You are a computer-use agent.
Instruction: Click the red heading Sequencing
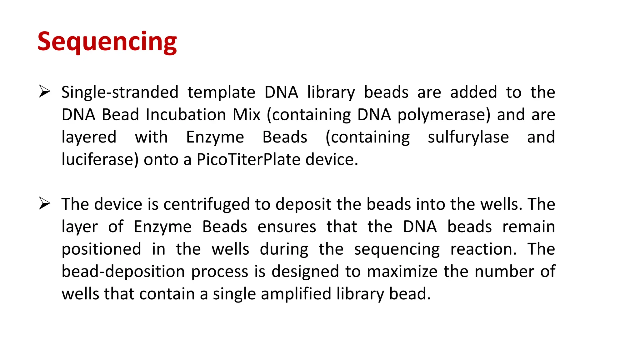[x=107, y=42]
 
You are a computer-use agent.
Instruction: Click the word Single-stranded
[x=120, y=92]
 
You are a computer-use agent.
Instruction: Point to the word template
[x=221, y=92]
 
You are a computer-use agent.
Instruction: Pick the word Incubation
[x=186, y=115]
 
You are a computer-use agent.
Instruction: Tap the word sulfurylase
[x=468, y=137]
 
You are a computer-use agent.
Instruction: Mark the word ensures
[x=287, y=227]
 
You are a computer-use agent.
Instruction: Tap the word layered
[x=89, y=137]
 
